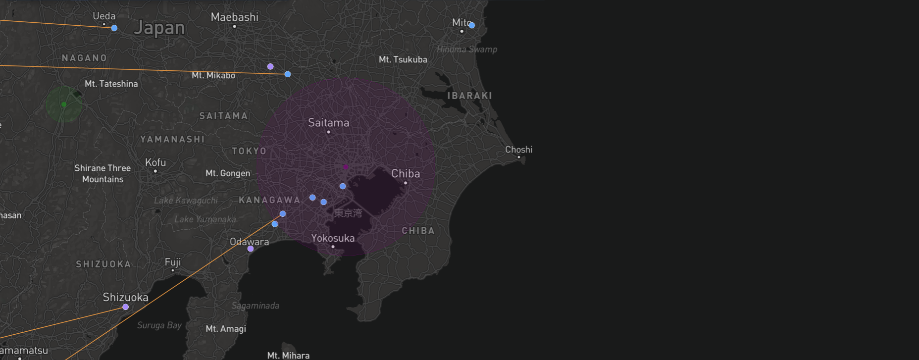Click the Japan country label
(159, 28)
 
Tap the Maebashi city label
(235, 17)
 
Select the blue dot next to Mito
(472, 25)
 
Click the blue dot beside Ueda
(114, 28)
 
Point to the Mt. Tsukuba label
(403, 59)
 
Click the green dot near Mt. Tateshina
(64, 104)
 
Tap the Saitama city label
(329, 122)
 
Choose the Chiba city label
(406, 173)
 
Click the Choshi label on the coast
(519, 150)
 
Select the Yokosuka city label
(333, 238)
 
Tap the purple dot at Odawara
(251, 249)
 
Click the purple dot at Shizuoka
(126, 307)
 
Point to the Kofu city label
(155, 162)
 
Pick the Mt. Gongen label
(228, 173)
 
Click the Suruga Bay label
(159, 325)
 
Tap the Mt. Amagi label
(226, 329)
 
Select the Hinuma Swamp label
(467, 50)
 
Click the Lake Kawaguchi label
(186, 201)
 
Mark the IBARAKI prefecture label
(470, 96)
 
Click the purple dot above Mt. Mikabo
(270, 66)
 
